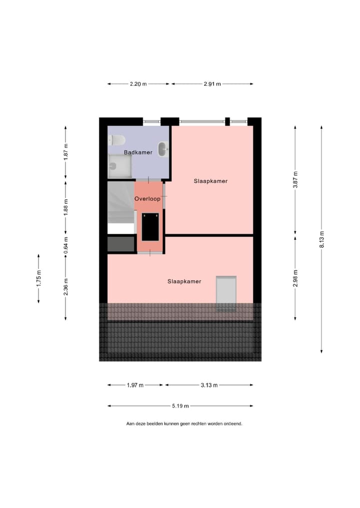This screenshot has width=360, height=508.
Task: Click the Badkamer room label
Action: point(138,152)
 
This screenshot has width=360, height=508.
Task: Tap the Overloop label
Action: point(147,199)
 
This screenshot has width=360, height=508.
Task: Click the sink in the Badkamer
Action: point(163,149)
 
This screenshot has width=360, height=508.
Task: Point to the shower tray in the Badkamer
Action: point(120,166)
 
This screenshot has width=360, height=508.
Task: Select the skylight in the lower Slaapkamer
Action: point(225,293)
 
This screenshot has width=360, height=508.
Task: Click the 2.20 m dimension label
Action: point(138,84)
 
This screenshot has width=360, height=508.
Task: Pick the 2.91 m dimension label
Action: point(212,84)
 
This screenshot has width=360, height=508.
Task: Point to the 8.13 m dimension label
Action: point(321,239)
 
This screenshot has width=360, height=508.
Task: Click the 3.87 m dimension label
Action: point(295,179)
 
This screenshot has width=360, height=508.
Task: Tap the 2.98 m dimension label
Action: point(295,277)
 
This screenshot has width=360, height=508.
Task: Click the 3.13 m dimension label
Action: point(209,385)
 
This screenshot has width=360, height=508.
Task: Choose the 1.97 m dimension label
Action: point(135,385)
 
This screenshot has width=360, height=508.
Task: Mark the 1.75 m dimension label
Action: point(38,278)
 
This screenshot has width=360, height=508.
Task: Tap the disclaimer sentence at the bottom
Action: point(184,424)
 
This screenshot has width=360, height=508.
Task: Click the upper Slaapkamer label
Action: point(210,181)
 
